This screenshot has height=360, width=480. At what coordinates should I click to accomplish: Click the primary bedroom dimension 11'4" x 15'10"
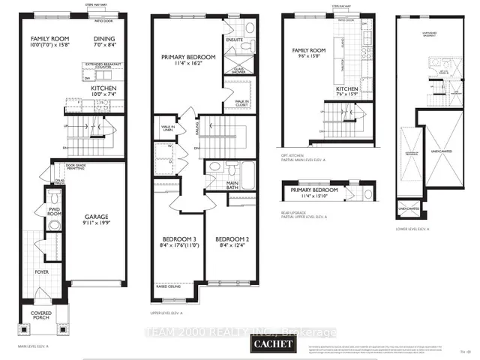(315, 198)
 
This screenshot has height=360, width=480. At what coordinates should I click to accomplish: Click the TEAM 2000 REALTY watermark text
(241, 332)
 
